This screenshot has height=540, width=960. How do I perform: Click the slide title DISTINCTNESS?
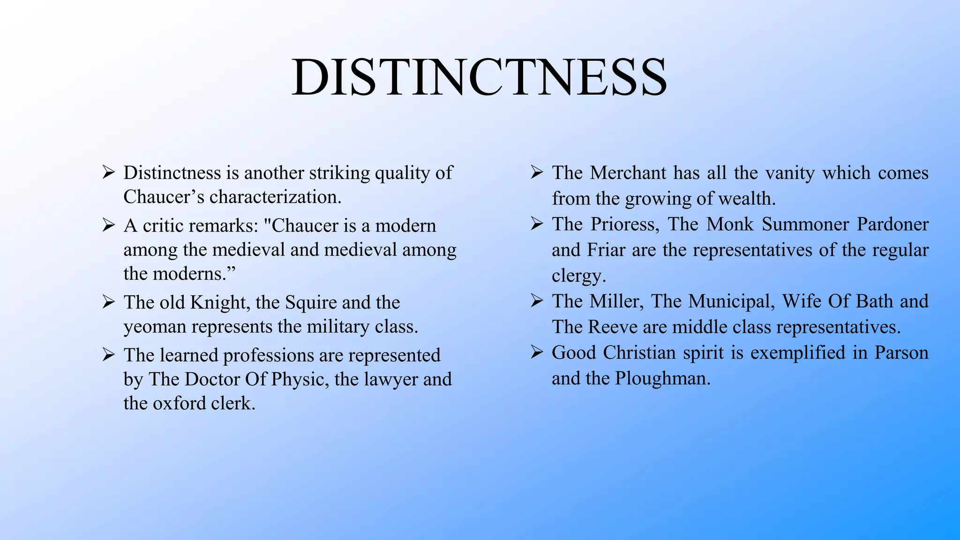click(x=479, y=77)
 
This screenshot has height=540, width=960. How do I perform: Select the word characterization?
click(x=275, y=197)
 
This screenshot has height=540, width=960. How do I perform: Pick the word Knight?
click(x=218, y=303)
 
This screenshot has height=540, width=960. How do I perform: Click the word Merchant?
click(x=628, y=173)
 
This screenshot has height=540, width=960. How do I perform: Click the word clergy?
click(x=578, y=276)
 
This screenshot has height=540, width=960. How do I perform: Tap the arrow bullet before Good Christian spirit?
click(x=537, y=352)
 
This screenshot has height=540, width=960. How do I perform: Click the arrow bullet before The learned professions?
click(x=108, y=355)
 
